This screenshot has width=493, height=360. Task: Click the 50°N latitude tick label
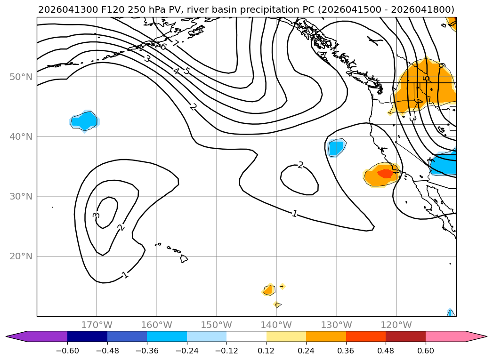pos(21,77)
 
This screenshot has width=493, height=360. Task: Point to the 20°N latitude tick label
pos(21,256)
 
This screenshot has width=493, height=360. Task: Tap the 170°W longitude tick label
pos(97,325)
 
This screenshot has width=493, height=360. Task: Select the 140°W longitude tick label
pos(276,325)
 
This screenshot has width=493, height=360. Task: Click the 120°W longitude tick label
pos(396,325)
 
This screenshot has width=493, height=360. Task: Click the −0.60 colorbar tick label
pos(67,351)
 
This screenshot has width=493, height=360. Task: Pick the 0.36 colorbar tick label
pos(346,351)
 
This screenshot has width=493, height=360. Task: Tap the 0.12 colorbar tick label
pos(267,351)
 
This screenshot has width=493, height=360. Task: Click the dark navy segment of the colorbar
pos(87,336)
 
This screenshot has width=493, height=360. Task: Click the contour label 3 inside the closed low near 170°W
pos(96,215)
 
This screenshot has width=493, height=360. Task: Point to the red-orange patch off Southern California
pos(386,173)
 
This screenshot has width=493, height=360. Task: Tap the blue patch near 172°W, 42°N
pos(84,120)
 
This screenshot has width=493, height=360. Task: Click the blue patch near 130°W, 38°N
pos(336,148)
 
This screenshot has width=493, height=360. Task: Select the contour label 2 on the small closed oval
pos(301,165)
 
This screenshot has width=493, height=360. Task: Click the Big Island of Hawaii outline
pos(184,258)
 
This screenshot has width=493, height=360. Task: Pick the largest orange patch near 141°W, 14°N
pos(268,290)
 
